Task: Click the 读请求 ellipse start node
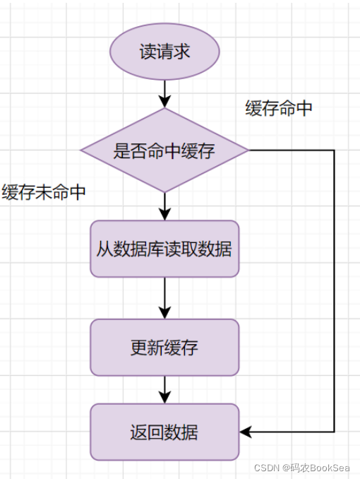(x=164, y=52)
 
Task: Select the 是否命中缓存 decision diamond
(x=164, y=150)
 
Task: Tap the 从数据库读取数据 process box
(x=164, y=249)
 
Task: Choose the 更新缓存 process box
(x=164, y=348)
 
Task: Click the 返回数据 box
(x=164, y=432)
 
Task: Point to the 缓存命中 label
(x=279, y=108)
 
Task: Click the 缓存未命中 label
(x=44, y=193)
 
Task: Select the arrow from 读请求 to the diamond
(x=164, y=93)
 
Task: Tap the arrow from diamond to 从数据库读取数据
(x=164, y=206)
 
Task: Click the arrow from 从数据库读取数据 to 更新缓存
(x=164, y=297)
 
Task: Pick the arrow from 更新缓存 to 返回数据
(x=164, y=389)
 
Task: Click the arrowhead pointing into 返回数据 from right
(x=245, y=432)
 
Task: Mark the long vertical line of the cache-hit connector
(x=333, y=290)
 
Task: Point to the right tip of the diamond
(x=248, y=150)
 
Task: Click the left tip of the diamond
(x=81, y=150)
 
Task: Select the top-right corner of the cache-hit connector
(x=333, y=150)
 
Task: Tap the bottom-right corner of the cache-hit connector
(x=333, y=432)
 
